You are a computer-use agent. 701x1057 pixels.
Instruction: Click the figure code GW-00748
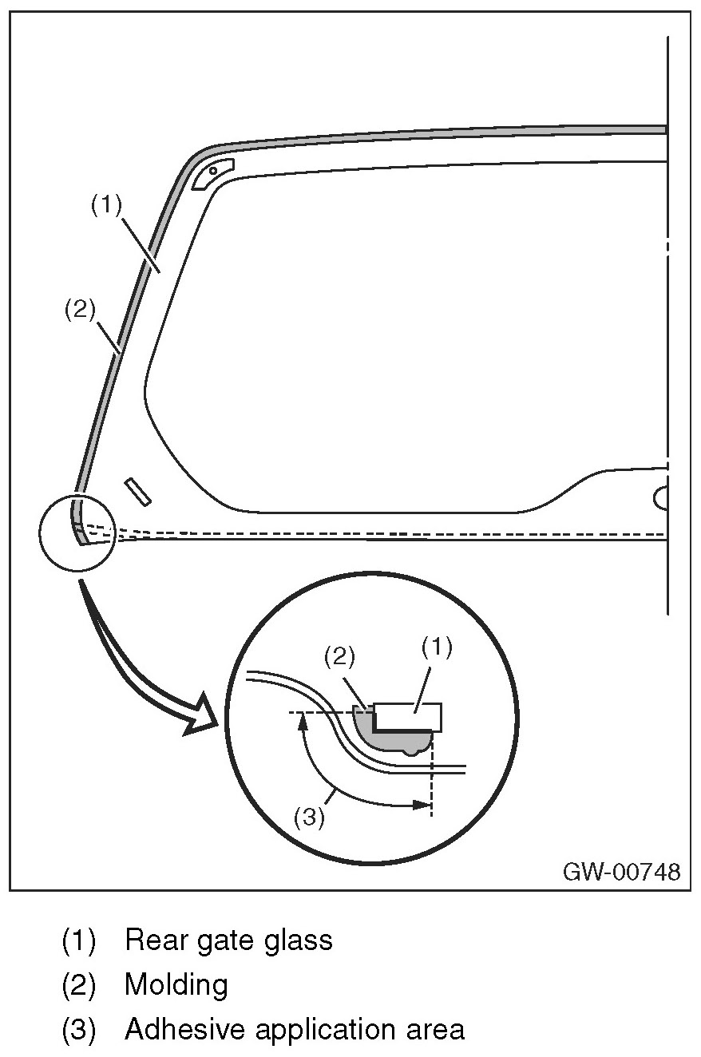point(622,871)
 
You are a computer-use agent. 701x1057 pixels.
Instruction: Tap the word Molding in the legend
point(176,984)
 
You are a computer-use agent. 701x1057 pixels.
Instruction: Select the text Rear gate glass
point(228,940)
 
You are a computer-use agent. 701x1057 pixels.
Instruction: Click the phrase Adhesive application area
point(295,1029)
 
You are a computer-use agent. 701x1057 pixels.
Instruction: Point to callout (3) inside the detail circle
point(309,818)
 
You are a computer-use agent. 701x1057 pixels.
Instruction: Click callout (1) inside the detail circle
point(436,647)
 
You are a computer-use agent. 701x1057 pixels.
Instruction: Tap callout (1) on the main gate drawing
point(105,206)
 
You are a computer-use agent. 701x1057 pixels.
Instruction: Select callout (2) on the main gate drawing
point(80,308)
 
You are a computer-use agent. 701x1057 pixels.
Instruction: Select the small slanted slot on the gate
point(137,492)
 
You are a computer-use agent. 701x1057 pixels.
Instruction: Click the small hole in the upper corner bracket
point(213,170)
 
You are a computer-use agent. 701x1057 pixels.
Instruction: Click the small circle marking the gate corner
point(78,532)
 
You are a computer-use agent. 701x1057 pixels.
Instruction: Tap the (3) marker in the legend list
point(78,1029)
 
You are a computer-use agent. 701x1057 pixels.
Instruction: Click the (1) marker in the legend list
point(78,940)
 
